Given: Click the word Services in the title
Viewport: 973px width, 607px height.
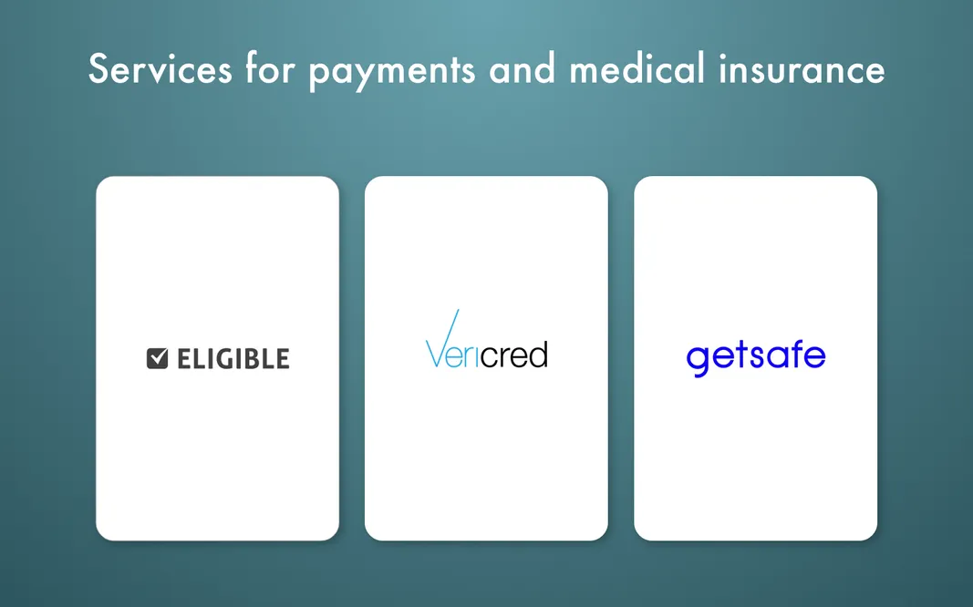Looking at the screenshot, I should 160,69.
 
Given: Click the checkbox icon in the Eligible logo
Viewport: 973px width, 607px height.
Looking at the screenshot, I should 158,358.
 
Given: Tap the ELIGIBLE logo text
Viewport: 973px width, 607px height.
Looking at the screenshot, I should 233,358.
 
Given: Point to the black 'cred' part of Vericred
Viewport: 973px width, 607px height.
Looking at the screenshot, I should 513,355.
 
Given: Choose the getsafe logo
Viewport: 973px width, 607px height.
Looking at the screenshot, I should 755,356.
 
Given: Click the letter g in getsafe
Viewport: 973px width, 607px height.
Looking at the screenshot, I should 698,359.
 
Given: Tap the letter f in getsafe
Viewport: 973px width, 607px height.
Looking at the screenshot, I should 792,354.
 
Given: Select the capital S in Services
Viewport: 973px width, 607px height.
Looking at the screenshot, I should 99,69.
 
